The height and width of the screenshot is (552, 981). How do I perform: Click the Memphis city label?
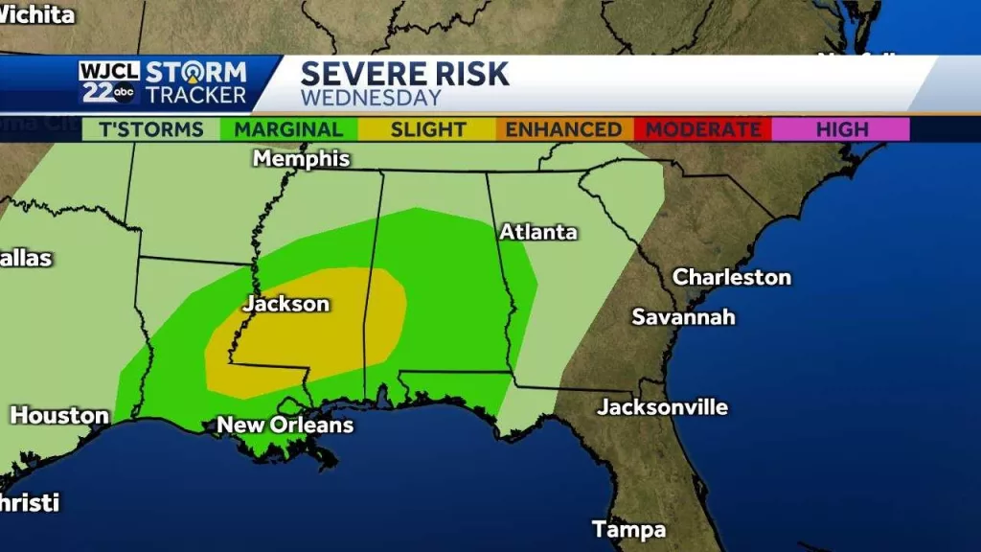[x=301, y=159]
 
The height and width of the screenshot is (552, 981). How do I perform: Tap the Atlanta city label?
[x=537, y=232]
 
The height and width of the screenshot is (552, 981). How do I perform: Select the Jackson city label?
[x=285, y=304]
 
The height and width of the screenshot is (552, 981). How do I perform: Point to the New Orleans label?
[x=285, y=425]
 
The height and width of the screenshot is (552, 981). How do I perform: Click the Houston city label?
[x=58, y=416]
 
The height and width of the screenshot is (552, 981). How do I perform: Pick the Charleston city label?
[x=732, y=277]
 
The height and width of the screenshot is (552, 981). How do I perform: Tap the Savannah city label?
[x=683, y=316]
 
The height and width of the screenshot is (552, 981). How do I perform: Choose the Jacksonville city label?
[x=662, y=407]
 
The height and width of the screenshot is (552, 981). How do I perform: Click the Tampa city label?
[x=628, y=529]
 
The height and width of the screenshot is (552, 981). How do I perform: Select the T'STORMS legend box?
[x=150, y=129]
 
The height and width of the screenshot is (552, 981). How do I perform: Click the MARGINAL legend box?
[x=288, y=129]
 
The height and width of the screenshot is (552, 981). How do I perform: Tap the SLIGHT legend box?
[x=427, y=129]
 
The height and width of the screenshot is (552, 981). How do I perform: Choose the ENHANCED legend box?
[x=563, y=129]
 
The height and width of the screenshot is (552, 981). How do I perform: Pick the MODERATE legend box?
[x=702, y=129]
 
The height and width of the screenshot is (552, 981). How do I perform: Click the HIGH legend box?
[x=841, y=129]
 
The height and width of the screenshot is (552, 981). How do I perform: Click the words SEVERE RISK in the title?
[x=405, y=74]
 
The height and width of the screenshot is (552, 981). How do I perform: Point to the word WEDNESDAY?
[x=371, y=98]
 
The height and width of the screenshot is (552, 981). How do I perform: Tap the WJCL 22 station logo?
[x=108, y=82]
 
